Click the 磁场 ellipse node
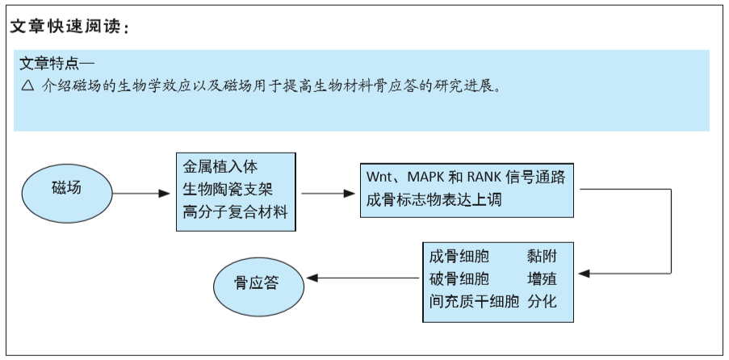(67, 193)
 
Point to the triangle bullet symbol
(28, 86)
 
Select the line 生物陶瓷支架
(228, 190)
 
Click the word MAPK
(425, 178)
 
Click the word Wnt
(379, 178)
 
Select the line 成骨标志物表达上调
(434, 200)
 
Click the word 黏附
(542, 257)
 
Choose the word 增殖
(542, 279)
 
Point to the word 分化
(542, 302)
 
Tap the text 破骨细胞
(459, 279)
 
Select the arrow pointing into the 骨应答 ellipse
(362, 278)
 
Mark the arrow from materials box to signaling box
(329, 194)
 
